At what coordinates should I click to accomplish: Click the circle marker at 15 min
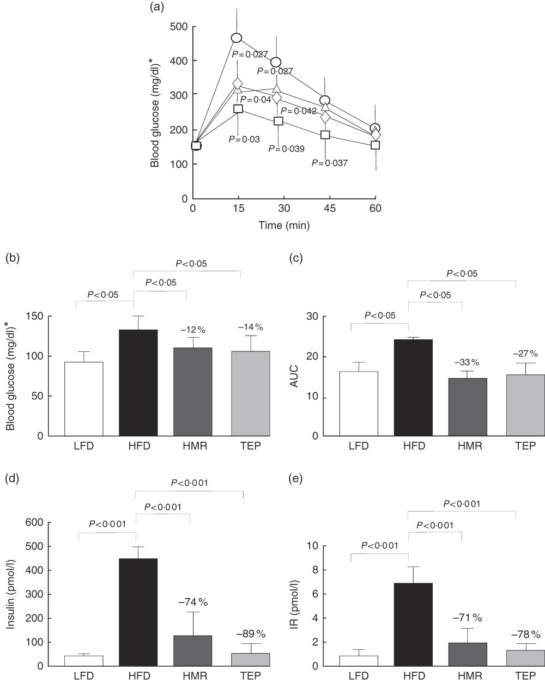[236, 38]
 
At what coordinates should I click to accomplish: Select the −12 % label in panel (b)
[187, 329]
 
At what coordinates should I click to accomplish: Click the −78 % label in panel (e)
[525, 635]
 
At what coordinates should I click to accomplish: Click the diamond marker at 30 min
[277, 98]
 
